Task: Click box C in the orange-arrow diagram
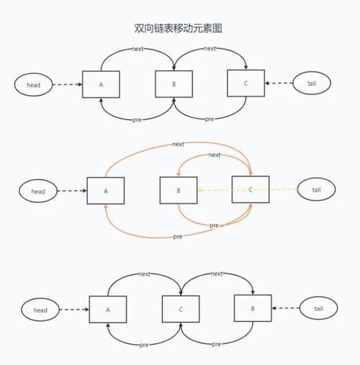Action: (x=250, y=190)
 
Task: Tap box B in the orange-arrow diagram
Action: (x=178, y=191)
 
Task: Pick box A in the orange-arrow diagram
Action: (x=105, y=191)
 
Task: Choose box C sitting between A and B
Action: (x=180, y=309)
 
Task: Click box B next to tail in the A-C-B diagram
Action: (x=253, y=308)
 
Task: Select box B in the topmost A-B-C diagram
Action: (x=174, y=84)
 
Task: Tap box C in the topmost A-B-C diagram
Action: (x=246, y=83)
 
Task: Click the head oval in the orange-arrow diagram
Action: (x=38, y=191)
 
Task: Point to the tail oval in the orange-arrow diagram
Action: (x=316, y=190)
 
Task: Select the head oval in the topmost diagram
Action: (x=33, y=84)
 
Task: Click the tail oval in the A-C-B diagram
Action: (x=318, y=309)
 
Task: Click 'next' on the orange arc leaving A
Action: (x=178, y=144)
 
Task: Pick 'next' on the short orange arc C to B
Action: (x=214, y=156)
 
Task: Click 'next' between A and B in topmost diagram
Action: (x=138, y=49)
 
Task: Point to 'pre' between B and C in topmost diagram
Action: (x=209, y=119)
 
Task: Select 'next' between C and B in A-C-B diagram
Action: (x=216, y=274)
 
